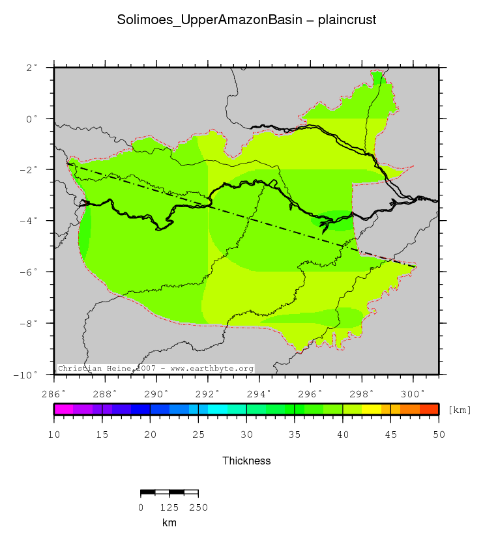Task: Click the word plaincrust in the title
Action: (x=347, y=20)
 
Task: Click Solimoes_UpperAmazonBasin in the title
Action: (x=208, y=20)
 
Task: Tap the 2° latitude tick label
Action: (x=31, y=67)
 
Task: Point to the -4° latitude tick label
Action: (x=29, y=221)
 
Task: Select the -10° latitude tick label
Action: (x=27, y=375)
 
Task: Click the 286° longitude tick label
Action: (x=53, y=393)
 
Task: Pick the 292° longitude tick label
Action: (x=208, y=393)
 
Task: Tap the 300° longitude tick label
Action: (x=413, y=393)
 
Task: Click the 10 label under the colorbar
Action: (x=54, y=434)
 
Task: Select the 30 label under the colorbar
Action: (x=246, y=434)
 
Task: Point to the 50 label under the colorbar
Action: (x=438, y=434)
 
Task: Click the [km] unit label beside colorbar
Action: (x=460, y=410)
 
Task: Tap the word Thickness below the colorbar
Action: (x=246, y=461)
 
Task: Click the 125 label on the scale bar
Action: (x=169, y=507)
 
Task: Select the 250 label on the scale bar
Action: (x=198, y=507)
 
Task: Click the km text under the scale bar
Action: (x=169, y=522)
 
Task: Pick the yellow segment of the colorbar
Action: (x=372, y=409)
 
